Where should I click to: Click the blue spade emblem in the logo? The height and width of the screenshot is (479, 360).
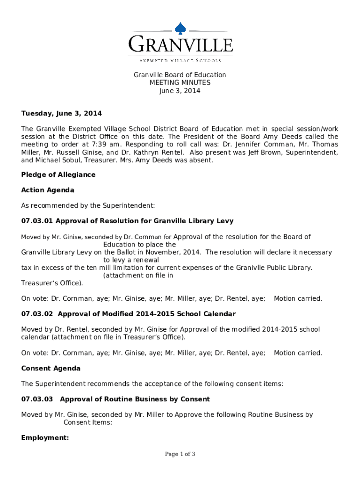[180, 29]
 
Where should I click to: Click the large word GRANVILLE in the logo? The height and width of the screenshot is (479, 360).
[180, 45]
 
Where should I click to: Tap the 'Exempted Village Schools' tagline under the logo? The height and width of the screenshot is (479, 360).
[180, 60]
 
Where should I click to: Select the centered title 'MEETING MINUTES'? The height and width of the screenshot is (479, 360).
[180, 83]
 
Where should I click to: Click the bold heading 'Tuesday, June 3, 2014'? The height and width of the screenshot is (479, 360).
[61, 114]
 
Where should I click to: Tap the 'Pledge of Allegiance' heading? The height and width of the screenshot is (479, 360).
[58, 174]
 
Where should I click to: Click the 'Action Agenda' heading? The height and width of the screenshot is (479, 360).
[48, 190]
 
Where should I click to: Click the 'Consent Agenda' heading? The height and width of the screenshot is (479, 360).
[51, 369]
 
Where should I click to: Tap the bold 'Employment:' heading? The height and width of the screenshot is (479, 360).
[45, 438]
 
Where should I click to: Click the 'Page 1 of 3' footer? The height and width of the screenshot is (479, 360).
[180, 454]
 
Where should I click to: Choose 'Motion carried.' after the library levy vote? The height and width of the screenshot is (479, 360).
[298, 298]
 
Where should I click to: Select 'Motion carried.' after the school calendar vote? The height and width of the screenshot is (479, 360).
[298, 353]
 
